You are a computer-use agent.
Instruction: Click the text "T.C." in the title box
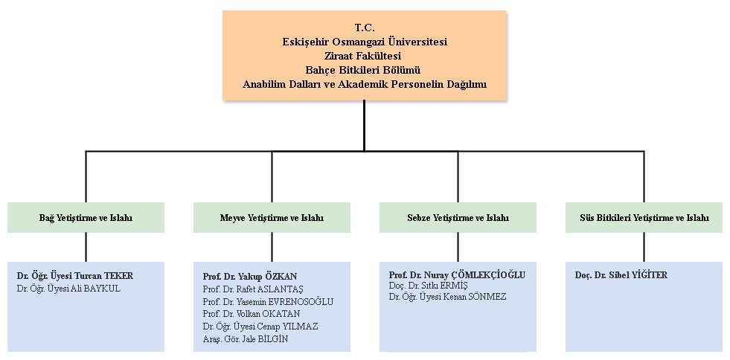click(x=365, y=28)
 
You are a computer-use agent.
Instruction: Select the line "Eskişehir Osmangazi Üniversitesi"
click(x=365, y=42)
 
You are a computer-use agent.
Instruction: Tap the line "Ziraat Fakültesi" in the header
click(x=365, y=56)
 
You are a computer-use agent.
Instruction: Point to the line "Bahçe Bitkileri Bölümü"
click(x=365, y=70)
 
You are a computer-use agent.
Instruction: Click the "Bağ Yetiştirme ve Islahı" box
click(x=86, y=218)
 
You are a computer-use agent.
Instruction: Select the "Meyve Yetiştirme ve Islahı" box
click(x=272, y=218)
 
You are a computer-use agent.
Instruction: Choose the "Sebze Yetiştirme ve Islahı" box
click(x=458, y=218)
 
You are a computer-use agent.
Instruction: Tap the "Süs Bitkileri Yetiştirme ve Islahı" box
click(x=644, y=218)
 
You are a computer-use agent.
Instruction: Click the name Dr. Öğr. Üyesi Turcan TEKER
click(x=75, y=276)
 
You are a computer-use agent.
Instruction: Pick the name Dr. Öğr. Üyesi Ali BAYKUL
click(x=68, y=289)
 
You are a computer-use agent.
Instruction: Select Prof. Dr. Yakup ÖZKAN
click(x=250, y=276)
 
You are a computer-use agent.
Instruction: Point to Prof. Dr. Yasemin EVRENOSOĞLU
click(x=268, y=301)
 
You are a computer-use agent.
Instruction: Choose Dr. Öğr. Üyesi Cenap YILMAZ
click(x=260, y=327)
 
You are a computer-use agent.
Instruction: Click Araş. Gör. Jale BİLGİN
click(x=246, y=339)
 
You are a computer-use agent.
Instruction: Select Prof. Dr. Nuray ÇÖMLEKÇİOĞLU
click(x=457, y=275)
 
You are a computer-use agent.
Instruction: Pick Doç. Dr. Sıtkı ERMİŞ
click(x=429, y=286)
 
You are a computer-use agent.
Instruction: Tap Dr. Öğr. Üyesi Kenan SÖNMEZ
click(x=447, y=297)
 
